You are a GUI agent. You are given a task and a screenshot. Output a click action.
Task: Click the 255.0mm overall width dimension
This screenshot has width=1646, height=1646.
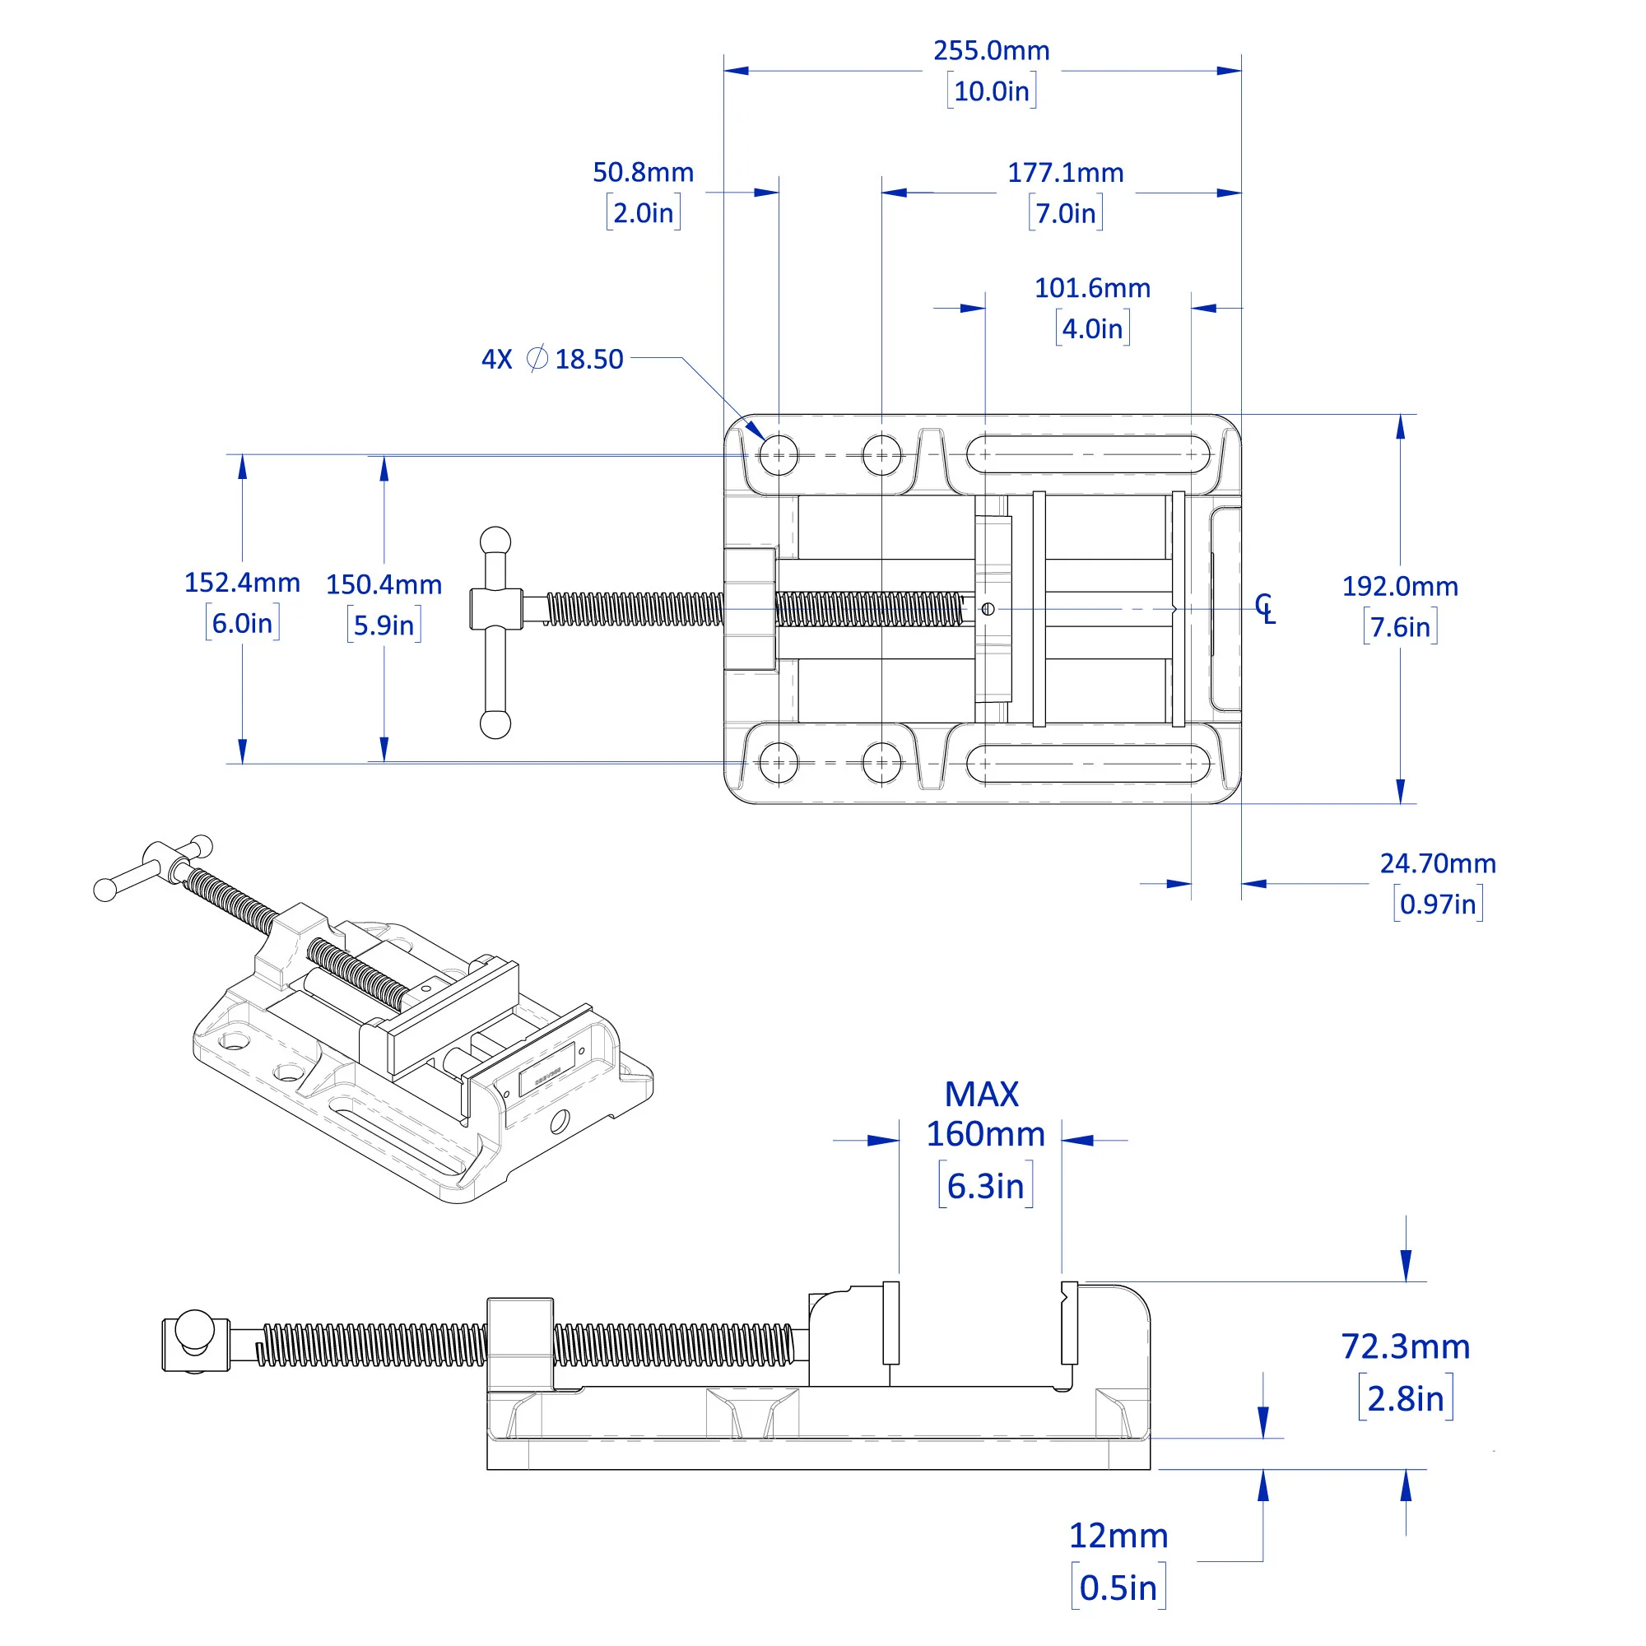click(x=991, y=51)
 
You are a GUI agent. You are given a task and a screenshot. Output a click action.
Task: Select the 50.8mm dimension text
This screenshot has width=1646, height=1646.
click(x=644, y=173)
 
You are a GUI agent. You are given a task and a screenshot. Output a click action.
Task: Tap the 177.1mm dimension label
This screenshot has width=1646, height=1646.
click(x=1065, y=173)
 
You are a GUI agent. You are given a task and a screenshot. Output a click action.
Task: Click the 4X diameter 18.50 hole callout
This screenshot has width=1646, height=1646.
click(x=552, y=359)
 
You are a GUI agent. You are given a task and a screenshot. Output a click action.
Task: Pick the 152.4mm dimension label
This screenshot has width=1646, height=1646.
click(x=242, y=583)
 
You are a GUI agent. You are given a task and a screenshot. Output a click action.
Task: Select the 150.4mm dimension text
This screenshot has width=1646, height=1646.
click(x=384, y=584)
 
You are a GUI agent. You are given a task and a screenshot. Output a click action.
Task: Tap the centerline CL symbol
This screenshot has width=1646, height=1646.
click(x=1264, y=608)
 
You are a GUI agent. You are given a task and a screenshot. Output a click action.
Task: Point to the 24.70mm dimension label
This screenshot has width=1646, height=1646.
click(x=1437, y=863)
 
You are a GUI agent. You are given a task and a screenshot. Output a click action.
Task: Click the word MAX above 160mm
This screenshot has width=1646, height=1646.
click(x=982, y=1095)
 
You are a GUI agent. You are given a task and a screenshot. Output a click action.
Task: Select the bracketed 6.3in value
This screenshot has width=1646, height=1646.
click(x=985, y=1186)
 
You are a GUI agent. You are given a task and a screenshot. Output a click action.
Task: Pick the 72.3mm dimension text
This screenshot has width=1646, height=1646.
click(x=1405, y=1346)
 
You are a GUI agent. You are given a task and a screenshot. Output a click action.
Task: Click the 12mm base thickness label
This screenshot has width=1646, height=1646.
click(x=1118, y=1535)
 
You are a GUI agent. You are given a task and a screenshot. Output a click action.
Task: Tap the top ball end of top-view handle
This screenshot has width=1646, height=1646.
click(x=495, y=541)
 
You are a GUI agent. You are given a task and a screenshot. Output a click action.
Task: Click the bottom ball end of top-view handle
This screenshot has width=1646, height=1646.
click(x=495, y=724)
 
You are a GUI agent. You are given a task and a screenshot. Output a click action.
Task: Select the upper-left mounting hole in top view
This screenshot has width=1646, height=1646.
click(x=778, y=455)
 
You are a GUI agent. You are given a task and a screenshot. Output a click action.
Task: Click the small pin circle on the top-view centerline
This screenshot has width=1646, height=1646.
click(x=988, y=608)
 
